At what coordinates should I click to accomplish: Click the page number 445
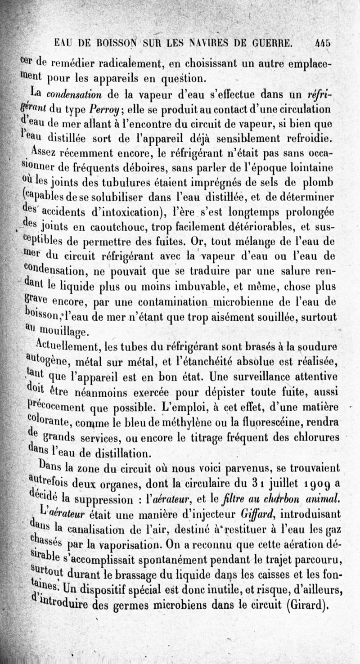click(x=323, y=44)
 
